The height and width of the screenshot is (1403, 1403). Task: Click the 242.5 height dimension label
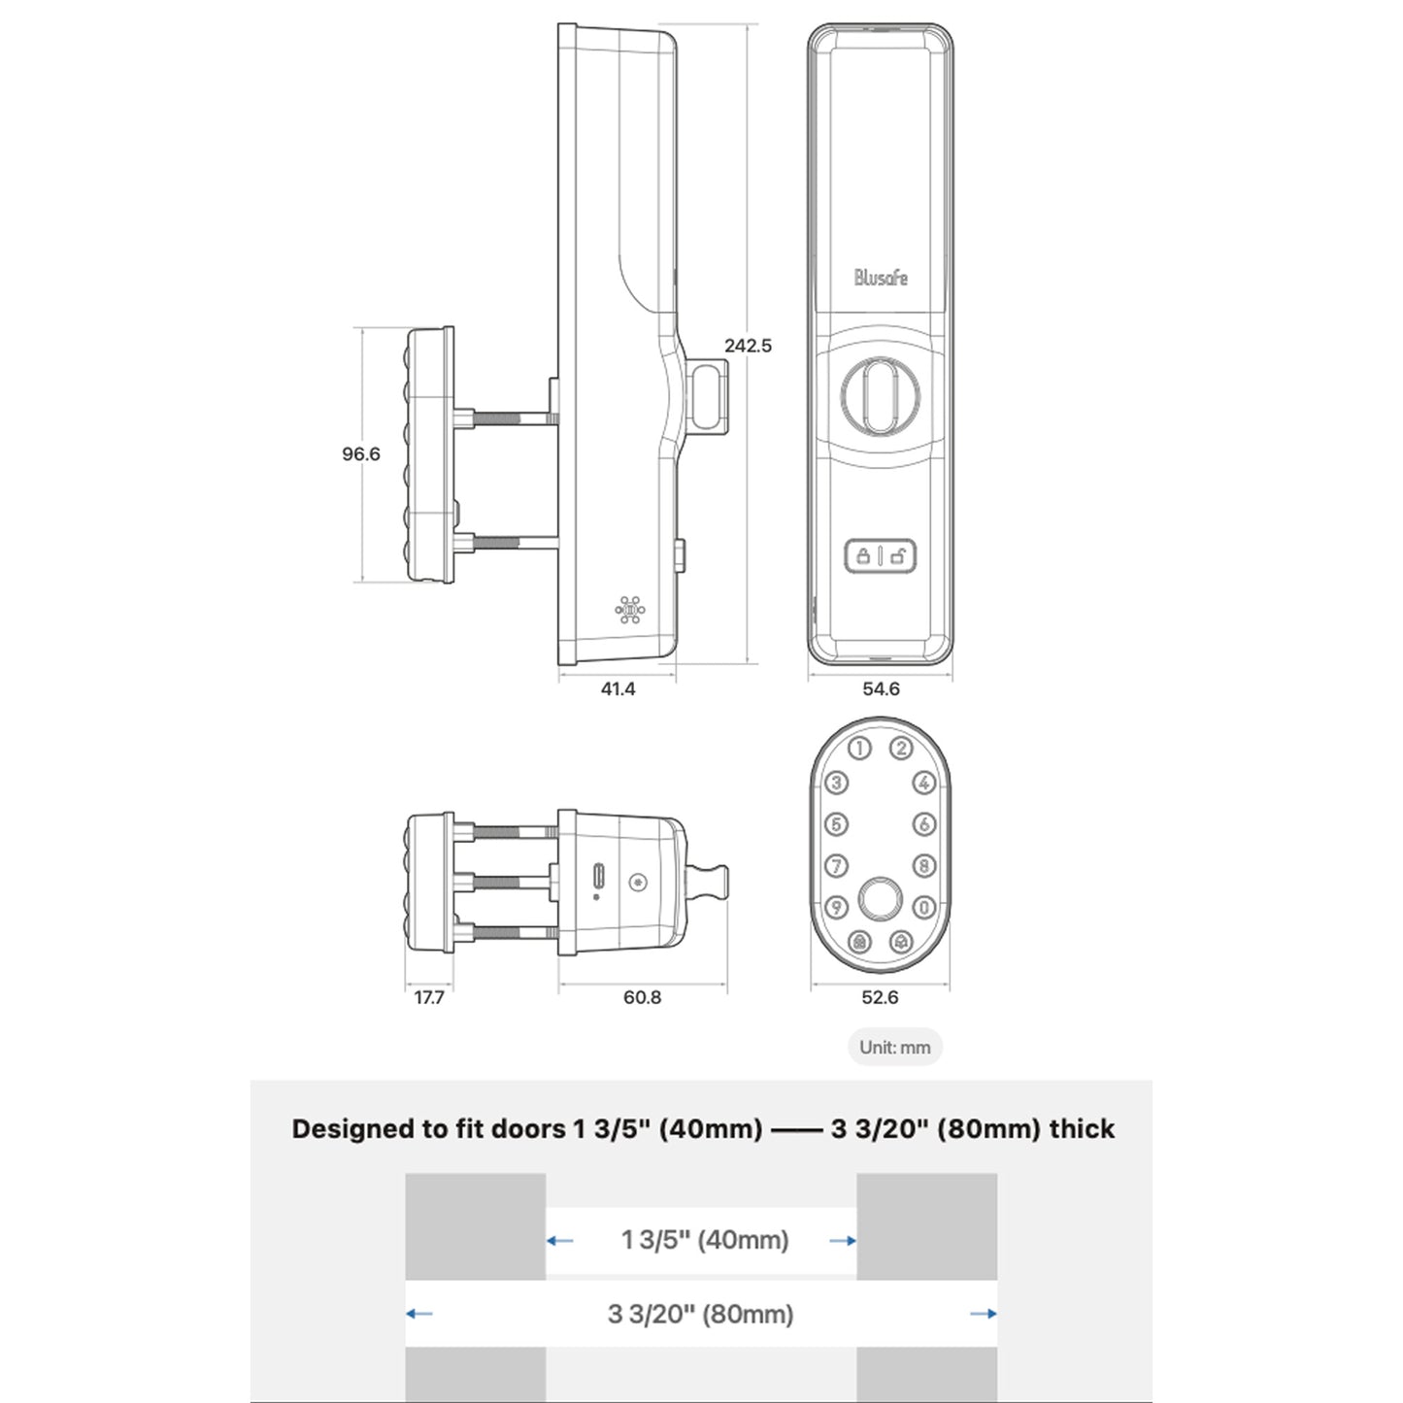coord(747,345)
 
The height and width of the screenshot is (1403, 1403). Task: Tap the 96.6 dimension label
coord(360,453)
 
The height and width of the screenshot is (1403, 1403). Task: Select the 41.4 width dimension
coord(618,688)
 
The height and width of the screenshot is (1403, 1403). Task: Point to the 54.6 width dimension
coord(881,688)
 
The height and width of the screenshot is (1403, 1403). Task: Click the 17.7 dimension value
coord(428,997)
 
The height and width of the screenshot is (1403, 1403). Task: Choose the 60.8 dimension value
coord(642,997)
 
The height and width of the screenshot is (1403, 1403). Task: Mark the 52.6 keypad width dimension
coord(880,997)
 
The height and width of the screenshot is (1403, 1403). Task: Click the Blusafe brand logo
coord(881,278)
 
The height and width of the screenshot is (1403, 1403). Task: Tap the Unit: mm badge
coord(894,1047)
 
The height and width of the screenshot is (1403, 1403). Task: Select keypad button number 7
coord(837,865)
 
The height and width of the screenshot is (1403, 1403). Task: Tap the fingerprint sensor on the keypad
coord(880,898)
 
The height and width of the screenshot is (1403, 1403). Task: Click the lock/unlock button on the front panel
coord(881,556)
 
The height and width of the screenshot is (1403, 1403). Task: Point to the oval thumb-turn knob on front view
coord(881,393)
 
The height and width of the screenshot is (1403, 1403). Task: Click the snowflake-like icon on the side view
coord(630,611)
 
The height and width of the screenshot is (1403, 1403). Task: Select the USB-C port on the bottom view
coord(599,877)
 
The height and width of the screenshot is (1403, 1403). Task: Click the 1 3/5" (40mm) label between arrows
coord(704,1240)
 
